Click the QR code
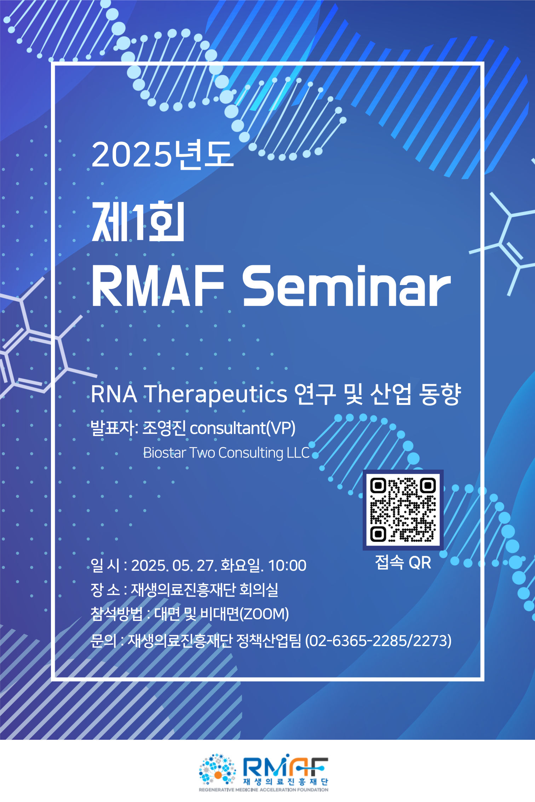pyautogui.click(x=403, y=510)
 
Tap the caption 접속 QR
pyautogui.click(x=403, y=562)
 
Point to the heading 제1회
pyautogui.click(x=138, y=221)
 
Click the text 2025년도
pyautogui.click(x=162, y=154)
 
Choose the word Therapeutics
pyautogui.click(x=217, y=394)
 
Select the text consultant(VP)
pyautogui.click(x=243, y=428)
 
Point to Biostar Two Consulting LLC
pyautogui.click(x=226, y=453)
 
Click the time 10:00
pyautogui.click(x=287, y=565)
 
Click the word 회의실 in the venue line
pyautogui.click(x=259, y=589)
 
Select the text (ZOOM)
pyautogui.click(x=264, y=614)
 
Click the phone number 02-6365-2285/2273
pyautogui.click(x=378, y=640)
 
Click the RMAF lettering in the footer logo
pyautogui.click(x=286, y=766)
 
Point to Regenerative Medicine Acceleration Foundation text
pyautogui.click(x=264, y=790)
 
